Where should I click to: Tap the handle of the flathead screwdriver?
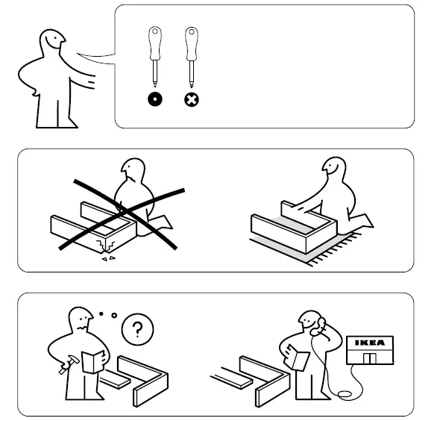pos(154,43)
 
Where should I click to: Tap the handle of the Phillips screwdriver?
pos(190,43)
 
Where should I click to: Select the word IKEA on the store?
pos(370,344)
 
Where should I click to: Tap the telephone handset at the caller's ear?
pos(322,325)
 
